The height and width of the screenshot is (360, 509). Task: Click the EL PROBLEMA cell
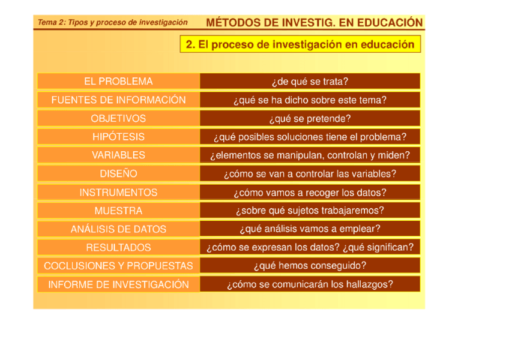coord(118,82)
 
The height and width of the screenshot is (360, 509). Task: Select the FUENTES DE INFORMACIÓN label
coord(118,100)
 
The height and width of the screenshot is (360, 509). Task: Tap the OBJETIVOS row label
coord(118,119)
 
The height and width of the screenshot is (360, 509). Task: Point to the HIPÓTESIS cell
coord(118,137)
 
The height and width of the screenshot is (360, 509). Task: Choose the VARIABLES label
coord(118,155)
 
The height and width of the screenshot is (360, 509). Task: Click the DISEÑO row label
coord(118,174)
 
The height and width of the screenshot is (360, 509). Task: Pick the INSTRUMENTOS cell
coord(118,193)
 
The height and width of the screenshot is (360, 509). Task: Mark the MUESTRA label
coord(118,211)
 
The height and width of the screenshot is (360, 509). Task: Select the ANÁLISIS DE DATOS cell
coord(118,229)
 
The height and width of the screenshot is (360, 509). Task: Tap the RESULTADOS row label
coord(118,247)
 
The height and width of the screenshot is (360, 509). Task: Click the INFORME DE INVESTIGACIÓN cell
coord(118,284)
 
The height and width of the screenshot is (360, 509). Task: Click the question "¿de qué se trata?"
coord(310,82)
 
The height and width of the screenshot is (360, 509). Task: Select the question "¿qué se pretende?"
coord(310,119)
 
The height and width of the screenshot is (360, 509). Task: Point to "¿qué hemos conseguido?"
coord(310,266)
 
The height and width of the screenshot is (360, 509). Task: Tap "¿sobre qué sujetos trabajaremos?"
coord(310,211)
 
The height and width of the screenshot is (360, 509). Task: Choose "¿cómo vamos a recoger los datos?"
coord(310,193)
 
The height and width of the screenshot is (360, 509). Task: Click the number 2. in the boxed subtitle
coord(190,44)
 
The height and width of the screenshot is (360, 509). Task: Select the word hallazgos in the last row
coord(370,284)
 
